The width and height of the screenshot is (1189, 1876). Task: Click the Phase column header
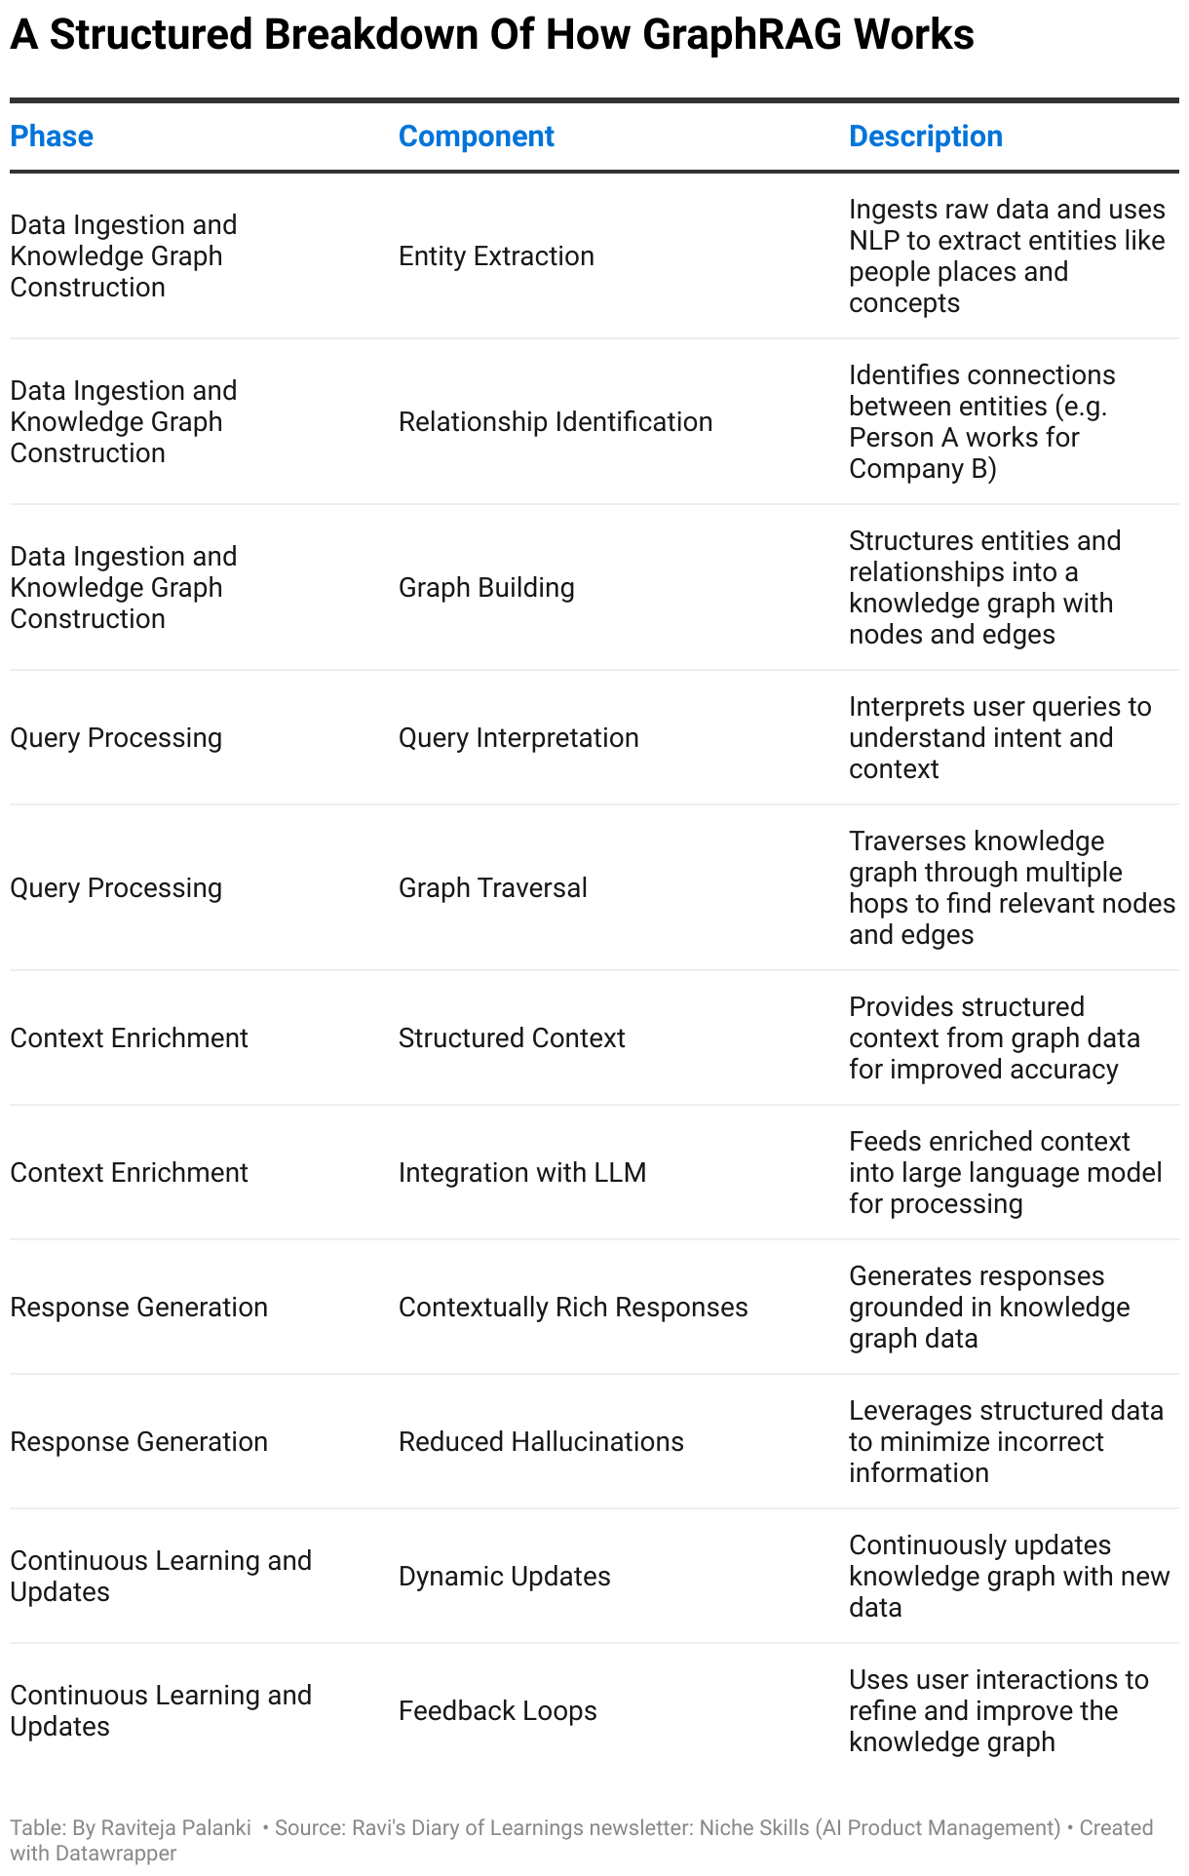pyautogui.click(x=52, y=137)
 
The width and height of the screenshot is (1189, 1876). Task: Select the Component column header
pyautogui.click(x=476, y=137)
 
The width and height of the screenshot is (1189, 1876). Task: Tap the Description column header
pyautogui.click(x=925, y=137)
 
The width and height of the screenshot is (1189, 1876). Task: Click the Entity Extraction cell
pyautogui.click(x=496, y=256)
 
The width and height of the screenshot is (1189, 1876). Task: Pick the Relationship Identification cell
pyautogui.click(x=556, y=422)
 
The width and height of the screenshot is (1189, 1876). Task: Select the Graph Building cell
pyautogui.click(x=486, y=588)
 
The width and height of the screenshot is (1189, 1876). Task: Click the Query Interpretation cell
pyautogui.click(x=518, y=738)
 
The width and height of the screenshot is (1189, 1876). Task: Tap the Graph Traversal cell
pyautogui.click(x=492, y=888)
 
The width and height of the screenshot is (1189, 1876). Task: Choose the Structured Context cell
pyautogui.click(x=512, y=1038)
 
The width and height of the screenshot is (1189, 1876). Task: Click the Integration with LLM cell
pyautogui.click(x=522, y=1173)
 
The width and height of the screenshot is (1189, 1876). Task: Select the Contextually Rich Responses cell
pyautogui.click(x=573, y=1308)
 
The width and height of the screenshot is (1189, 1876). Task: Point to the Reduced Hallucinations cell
pyautogui.click(x=541, y=1442)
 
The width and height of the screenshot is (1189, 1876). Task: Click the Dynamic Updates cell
pyautogui.click(x=504, y=1577)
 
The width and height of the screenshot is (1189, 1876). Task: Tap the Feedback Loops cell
pyautogui.click(x=497, y=1711)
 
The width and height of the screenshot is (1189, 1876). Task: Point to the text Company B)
pyautogui.click(x=922, y=469)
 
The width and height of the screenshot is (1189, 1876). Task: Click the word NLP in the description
pyautogui.click(x=874, y=241)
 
